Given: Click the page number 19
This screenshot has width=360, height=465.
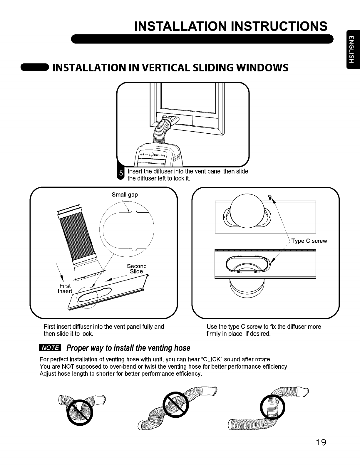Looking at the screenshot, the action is tap(321, 442).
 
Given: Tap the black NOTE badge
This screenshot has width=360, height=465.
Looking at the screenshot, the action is tap(50, 348).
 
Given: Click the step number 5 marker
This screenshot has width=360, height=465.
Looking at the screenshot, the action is tap(121, 173).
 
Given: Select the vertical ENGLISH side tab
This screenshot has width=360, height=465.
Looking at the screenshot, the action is tap(353, 49).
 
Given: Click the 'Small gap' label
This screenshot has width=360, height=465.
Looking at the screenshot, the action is tap(125, 195).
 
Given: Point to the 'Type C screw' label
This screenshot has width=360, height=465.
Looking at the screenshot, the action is tap(309, 241).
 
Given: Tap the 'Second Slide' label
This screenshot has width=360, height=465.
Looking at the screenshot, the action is tap(137, 269).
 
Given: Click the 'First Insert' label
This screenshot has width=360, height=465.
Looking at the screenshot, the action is tap(65, 288).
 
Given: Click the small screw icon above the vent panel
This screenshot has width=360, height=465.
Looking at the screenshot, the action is tap(270, 197).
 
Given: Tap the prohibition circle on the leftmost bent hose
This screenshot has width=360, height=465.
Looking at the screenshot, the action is tap(80, 413).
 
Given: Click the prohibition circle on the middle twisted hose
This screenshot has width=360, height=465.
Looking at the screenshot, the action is tap(175, 405).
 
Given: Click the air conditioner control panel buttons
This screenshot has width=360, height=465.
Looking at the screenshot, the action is tap(152, 155).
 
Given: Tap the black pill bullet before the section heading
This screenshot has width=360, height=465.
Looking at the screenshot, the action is tap(35, 67).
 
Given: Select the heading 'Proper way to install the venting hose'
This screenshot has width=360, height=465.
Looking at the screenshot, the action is tap(128, 348).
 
